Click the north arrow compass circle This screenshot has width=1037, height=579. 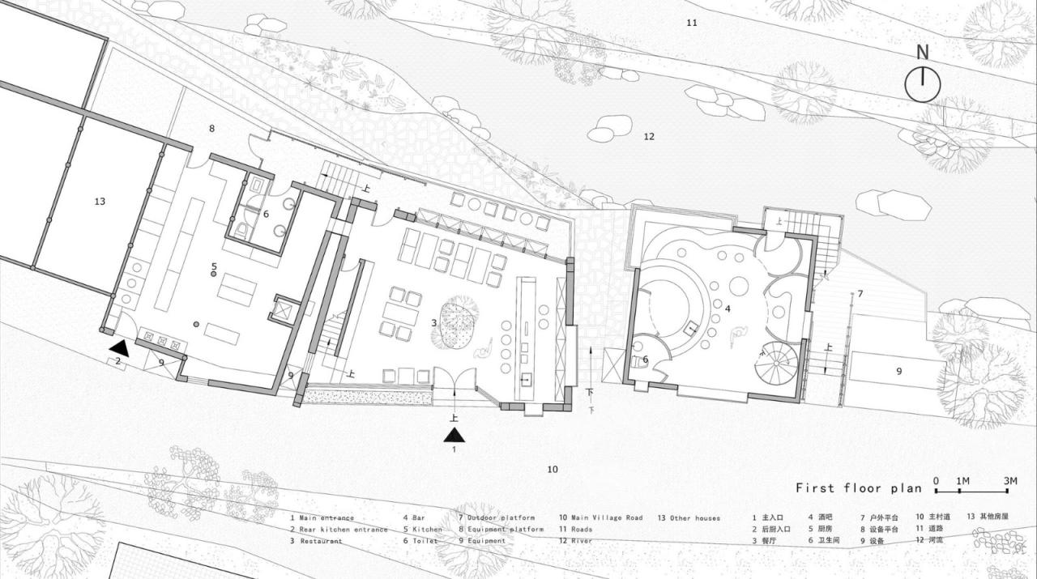pos(922,84)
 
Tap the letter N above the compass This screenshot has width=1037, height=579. pos(922,53)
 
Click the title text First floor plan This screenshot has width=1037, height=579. pos(858,487)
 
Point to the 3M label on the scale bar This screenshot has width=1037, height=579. pos(1009,481)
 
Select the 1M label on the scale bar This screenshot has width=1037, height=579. pos(963,481)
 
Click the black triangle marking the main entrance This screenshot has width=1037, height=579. pos(454,435)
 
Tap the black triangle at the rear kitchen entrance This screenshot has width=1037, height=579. pos(119,347)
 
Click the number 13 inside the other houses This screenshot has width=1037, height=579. pos(100,201)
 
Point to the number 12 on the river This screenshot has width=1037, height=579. pos(648,136)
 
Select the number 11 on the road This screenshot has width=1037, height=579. pos(691,23)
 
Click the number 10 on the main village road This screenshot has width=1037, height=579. pos(553,469)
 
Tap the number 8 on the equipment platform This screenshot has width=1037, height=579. pos(211,128)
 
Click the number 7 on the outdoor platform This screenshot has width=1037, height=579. pos(860,293)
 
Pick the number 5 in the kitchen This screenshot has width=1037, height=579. pos(214,266)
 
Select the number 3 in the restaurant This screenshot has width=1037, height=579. pos(433,322)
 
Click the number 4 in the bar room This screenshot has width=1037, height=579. pos(728,309)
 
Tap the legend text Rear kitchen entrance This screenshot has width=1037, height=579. pos(343,530)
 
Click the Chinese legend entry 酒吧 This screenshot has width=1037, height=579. pos(827,517)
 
